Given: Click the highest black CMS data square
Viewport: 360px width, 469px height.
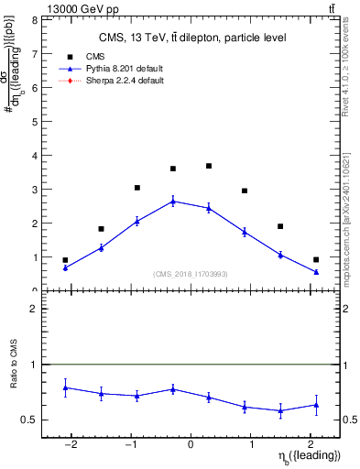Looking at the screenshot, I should point(209,166).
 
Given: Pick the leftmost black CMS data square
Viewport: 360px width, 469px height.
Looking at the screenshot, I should point(65,260).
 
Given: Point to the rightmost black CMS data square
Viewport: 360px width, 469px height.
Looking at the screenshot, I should point(316,259).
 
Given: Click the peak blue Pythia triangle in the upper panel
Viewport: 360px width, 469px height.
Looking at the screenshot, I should point(173,201).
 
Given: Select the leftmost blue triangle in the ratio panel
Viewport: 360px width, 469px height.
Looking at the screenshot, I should point(65,387).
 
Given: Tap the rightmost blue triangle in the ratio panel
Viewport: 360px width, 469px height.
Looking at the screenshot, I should point(316,404).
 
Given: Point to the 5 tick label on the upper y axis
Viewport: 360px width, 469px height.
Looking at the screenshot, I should point(34,122).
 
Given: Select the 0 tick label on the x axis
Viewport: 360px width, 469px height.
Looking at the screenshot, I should point(191,444).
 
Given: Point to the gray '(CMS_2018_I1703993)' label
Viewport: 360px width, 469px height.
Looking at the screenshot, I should point(191,274).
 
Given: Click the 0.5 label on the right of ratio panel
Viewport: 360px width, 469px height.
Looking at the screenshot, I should point(350,420).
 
